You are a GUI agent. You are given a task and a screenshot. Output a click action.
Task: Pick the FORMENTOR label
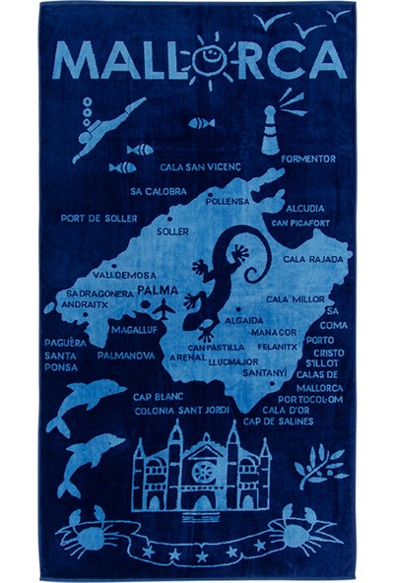click(307, 158)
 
